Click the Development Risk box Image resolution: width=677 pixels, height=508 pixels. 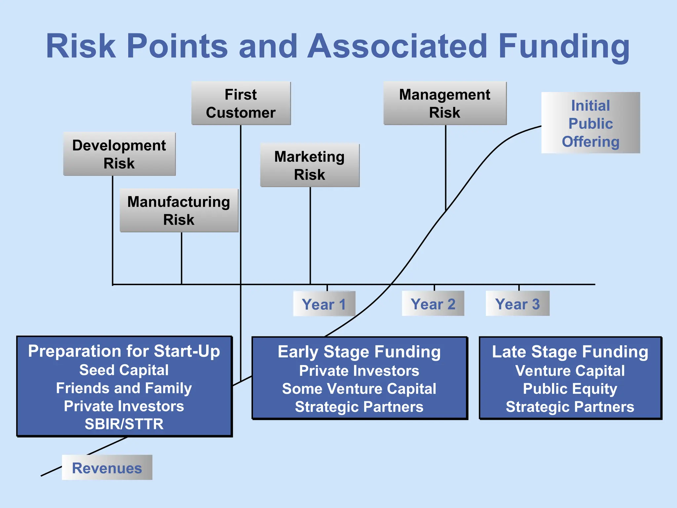point(119,154)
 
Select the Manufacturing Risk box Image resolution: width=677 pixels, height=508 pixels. point(179,210)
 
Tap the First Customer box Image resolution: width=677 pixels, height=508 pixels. point(241,103)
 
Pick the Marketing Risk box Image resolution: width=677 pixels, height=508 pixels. point(310,165)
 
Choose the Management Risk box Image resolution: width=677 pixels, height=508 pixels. point(445,103)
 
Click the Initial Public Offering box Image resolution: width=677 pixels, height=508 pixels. point(591,123)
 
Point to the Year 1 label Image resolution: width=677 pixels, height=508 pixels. point(324,304)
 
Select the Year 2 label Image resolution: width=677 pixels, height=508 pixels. point(433,304)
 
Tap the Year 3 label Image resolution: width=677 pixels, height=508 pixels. point(517,304)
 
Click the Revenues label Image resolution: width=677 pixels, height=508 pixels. point(107,468)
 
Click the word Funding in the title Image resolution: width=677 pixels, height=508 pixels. point(564,46)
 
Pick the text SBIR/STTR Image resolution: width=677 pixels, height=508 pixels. point(124,424)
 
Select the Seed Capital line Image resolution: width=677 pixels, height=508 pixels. point(124,370)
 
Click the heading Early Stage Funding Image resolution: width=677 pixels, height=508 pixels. point(359,352)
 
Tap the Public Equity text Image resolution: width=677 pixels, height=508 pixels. point(570,389)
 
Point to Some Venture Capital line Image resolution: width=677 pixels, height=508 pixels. point(359,389)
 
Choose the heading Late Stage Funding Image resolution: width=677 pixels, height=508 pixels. point(570,352)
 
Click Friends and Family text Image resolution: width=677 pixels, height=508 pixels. point(124,388)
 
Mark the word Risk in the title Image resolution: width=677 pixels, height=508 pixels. point(81,46)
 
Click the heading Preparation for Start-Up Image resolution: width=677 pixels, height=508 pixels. point(124,351)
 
